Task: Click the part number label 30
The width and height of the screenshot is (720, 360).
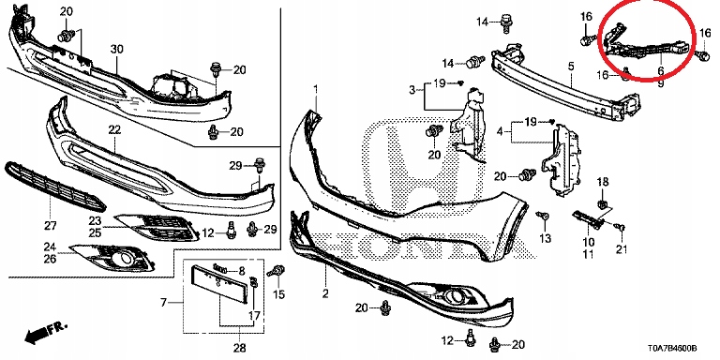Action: [117, 49]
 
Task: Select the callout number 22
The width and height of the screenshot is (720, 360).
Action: [114, 130]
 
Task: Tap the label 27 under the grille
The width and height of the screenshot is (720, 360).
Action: [50, 225]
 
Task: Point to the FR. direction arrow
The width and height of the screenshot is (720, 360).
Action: [45, 332]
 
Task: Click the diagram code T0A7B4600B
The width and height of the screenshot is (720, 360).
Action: [672, 349]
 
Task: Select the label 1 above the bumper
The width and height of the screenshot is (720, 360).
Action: [315, 88]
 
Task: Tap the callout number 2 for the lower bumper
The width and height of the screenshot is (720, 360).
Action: [325, 292]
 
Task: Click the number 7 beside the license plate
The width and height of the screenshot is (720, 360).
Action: [163, 303]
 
